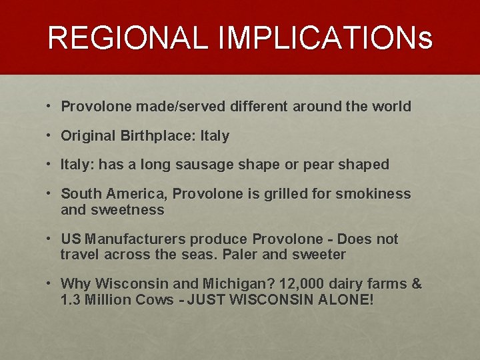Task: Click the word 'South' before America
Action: tap(80, 194)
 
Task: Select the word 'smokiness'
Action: tap(377, 194)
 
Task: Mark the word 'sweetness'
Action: tap(131, 210)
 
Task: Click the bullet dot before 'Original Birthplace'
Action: tap(50, 136)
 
